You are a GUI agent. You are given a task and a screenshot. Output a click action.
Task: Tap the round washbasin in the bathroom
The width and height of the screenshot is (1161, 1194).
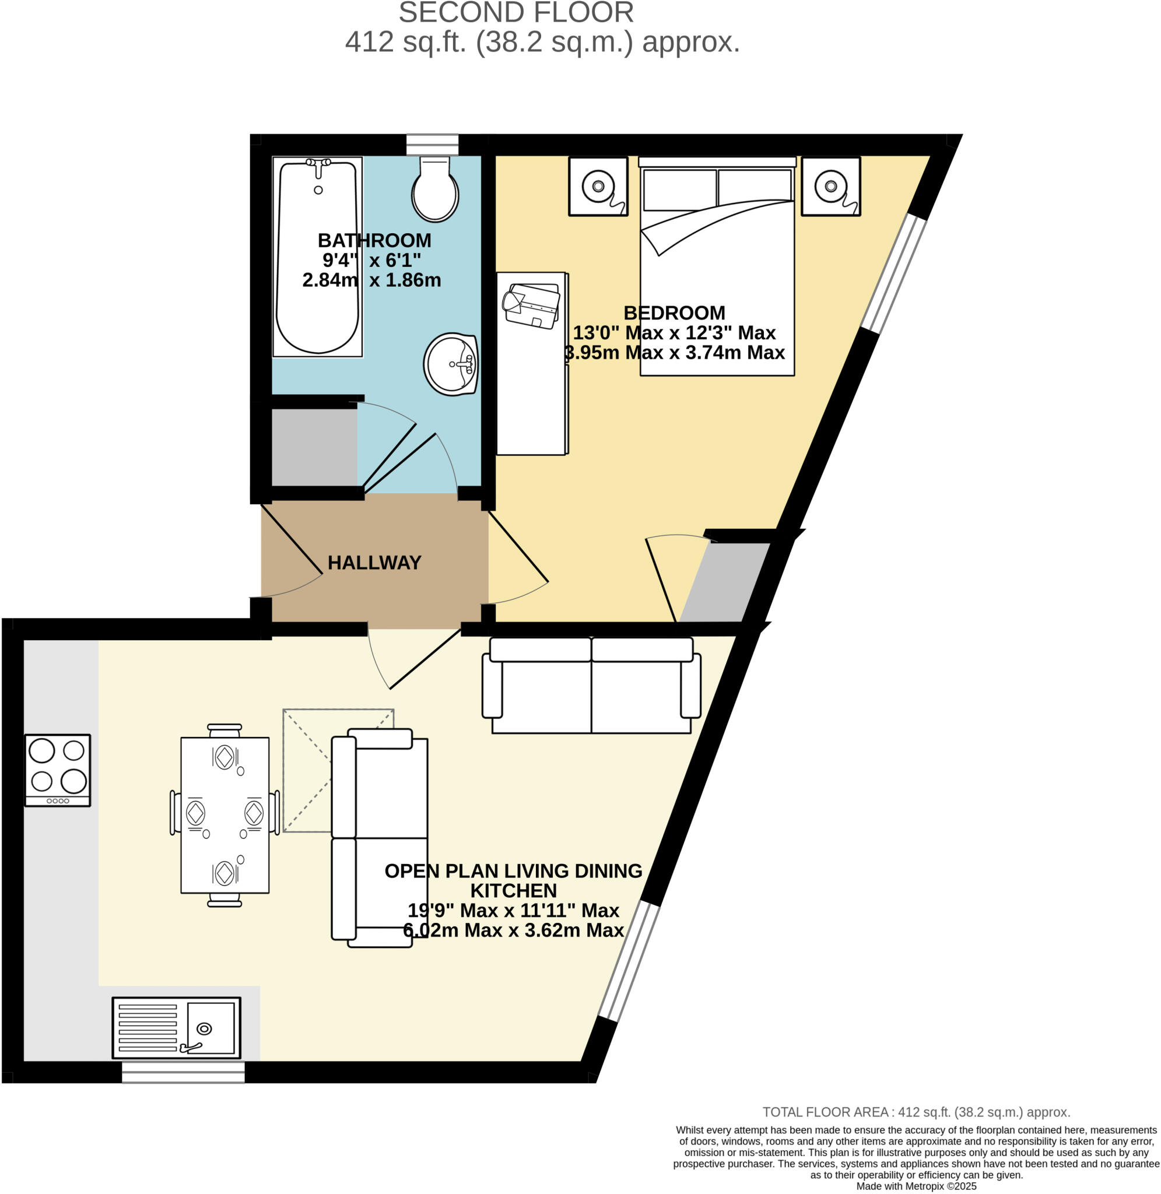tap(451, 364)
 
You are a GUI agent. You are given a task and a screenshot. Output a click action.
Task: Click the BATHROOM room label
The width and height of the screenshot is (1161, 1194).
tap(374, 240)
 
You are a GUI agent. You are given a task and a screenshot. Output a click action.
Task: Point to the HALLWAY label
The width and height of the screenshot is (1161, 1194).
tap(374, 562)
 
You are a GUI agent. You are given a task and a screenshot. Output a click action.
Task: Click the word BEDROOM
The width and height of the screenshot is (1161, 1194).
tap(675, 312)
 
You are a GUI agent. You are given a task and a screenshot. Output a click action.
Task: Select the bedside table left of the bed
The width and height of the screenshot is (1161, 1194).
tap(598, 187)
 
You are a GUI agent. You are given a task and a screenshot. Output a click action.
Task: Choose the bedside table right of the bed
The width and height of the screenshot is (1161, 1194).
tap(830, 187)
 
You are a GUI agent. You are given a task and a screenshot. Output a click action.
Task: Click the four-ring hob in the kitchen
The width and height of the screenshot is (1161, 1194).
tap(58, 770)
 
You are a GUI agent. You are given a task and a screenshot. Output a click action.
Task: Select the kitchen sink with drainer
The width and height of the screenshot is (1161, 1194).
tap(176, 1028)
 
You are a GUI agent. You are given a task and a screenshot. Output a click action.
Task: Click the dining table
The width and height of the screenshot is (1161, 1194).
tap(225, 816)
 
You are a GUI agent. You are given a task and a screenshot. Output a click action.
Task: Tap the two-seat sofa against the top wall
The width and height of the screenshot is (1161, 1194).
tap(591, 685)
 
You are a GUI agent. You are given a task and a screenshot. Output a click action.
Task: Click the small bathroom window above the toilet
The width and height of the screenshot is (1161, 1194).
tap(432, 145)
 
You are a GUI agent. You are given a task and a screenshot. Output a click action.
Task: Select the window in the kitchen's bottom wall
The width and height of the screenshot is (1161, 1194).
tap(183, 1072)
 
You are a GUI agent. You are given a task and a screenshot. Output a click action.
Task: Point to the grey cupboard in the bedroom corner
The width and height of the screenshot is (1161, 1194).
tap(725, 582)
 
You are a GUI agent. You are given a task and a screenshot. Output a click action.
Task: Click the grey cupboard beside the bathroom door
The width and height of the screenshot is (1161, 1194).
tap(314, 447)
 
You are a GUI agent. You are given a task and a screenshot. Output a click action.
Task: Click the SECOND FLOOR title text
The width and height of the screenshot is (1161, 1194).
tap(517, 13)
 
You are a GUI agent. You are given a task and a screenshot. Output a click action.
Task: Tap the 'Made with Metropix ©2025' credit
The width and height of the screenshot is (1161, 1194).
tap(916, 1186)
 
